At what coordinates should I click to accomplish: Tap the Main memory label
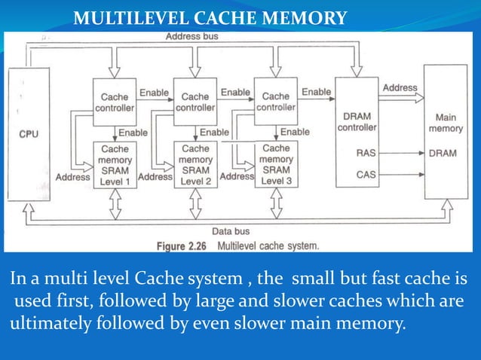coord(446,123)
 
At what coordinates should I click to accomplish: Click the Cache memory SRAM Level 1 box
coord(115,166)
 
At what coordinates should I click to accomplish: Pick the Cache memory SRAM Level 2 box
coord(195,166)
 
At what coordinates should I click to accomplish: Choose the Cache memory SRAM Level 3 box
coord(276,164)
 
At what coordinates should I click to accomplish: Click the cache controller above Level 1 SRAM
coord(115,102)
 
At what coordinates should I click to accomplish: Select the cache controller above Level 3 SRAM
coord(276,101)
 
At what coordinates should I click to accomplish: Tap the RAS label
coord(366,152)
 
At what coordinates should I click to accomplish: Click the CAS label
coord(366,175)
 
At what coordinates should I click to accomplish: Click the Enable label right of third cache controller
coord(316,92)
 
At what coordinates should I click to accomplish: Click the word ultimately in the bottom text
coord(42,326)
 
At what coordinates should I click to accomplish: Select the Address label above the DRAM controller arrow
coord(400,88)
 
